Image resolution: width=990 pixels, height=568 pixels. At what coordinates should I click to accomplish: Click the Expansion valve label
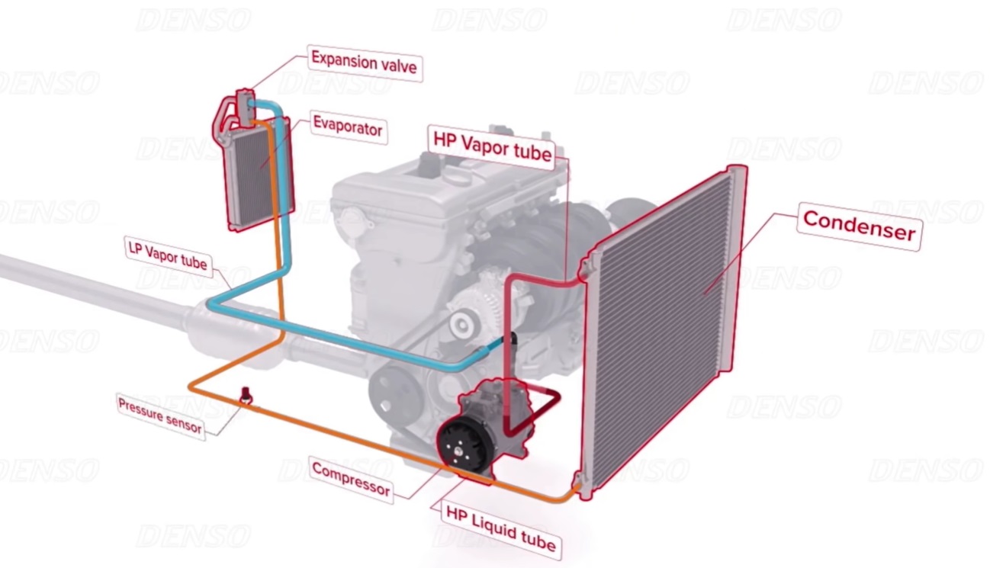tap(364, 63)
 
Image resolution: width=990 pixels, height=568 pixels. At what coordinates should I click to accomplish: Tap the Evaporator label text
tap(349, 128)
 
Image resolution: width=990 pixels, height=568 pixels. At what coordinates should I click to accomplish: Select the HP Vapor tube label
tap(492, 147)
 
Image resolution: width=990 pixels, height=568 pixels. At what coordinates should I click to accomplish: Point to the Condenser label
tap(859, 226)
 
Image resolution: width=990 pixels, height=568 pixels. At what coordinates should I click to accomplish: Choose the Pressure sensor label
tap(160, 416)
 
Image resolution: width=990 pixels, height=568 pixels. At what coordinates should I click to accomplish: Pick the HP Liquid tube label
tap(501, 529)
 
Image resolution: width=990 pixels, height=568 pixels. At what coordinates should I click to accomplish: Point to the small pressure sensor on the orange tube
tap(246, 395)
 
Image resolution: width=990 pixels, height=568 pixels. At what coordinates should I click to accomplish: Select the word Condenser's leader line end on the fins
tap(705, 293)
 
